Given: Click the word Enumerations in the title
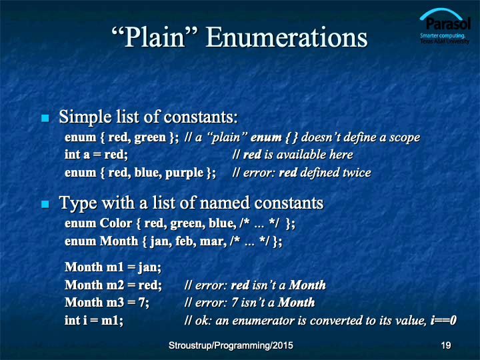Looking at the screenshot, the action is pyautogui.click(x=287, y=37).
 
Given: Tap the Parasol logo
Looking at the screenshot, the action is pyautogui.click(x=445, y=26).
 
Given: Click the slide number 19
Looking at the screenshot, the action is pyautogui.click(x=446, y=345).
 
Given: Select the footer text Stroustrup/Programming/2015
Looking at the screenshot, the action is pyautogui.click(x=231, y=345).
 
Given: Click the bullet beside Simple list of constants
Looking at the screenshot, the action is pyautogui.click(x=45, y=118).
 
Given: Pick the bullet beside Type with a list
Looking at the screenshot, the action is pyautogui.click(x=45, y=204).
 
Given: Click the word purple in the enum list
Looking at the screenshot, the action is pyautogui.click(x=184, y=173).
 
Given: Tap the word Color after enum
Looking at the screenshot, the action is pyautogui.click(x=116, y=223).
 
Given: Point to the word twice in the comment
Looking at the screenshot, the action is pyautogui.click(x=357, y=173).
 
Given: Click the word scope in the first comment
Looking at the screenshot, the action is pyautogui.click(x=405, y=138).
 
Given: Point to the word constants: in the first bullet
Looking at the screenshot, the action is pyautogui.click(x=201, y=117).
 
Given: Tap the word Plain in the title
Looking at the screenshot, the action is pyautogui.click(x=155, y=37).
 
